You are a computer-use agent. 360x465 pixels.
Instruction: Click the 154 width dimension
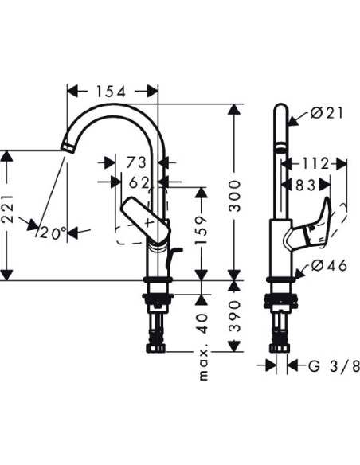tap(111, 92)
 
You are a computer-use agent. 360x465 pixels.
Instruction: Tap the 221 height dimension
tap(8, 209)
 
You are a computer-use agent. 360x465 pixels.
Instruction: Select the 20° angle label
tap(53, 233)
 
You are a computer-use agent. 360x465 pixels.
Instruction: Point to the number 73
tap(137, 162)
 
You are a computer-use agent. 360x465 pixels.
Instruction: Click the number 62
tap(139, 184)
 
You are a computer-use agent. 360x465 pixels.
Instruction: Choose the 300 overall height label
tap(234, 196)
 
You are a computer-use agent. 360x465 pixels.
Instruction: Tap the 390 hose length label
tap(235, 316)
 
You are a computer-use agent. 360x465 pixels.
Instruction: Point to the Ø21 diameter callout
tap(327, 113)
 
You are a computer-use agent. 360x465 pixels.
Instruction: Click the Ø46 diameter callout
tap(329, 265)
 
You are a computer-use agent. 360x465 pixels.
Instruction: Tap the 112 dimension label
tap(315, 163)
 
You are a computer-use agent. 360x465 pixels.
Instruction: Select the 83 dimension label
tap(305, 186)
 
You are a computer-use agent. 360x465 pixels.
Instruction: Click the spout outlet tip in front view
tap(68, 147)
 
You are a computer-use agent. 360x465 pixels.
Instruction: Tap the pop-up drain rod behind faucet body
tap(174, 258)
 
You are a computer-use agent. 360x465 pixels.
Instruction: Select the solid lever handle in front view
tap(145, 221)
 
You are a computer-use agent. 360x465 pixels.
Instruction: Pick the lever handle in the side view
tap(308, 225)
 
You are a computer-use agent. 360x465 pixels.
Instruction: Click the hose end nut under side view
tap(280, 348)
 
